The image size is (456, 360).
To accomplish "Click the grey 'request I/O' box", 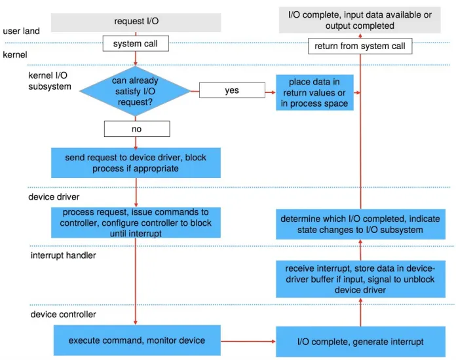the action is click(x=136, y=22).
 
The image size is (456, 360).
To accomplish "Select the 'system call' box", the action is click(x=136, y=44).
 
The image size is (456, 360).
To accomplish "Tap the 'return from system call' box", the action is click(x=360, y=46).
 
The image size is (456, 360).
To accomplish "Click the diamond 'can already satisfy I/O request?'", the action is click(x=135, y=91).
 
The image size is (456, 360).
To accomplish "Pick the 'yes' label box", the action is click(x=232, y=90).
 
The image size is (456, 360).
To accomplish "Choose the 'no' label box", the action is click(x=137, y=129).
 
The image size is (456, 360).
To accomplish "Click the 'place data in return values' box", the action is click(x=314, y=92).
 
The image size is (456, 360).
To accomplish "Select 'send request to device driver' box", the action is click(x=136, y=163).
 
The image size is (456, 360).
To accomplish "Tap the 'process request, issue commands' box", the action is click(x=136, y=223).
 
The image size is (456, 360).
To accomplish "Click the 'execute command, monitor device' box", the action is click(x=137, y=340).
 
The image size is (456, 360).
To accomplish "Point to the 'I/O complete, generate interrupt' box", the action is click(x=360, y=342).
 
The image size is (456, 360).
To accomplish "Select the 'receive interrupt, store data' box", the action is click(x=360, y=279).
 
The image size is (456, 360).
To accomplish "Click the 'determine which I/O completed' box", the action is click(x=360, y=224).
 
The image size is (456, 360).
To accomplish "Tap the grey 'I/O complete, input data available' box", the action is click(x=360, y=20).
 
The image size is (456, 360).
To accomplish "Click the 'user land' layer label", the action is click(x=21, y=31).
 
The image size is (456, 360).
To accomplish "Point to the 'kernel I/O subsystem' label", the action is click(x=50, y=81).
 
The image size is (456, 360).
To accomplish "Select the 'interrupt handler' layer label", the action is click(x=63, y=255).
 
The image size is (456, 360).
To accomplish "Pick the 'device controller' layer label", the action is click(x=63, y=314).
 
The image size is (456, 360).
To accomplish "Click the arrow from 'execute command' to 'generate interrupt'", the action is click(x=248, y=341).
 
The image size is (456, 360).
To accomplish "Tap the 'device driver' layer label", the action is click(x=54, y=197).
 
